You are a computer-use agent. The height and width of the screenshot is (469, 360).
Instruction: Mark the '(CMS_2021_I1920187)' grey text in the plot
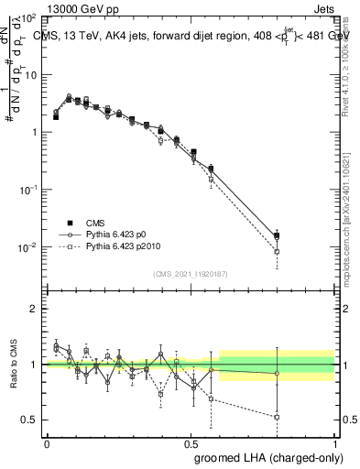pos(191,274)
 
